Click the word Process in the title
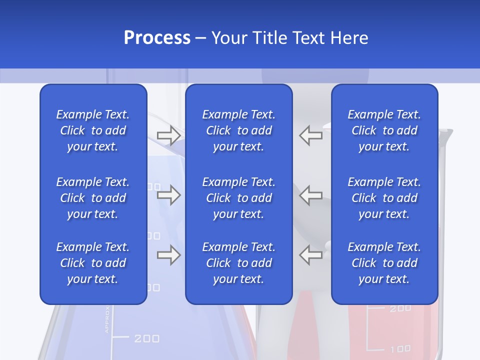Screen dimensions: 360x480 point(157,38)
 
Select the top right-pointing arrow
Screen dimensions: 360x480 point(168,135)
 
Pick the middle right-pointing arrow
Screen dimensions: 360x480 point(168,195)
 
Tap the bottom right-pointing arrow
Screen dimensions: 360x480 point(168,255)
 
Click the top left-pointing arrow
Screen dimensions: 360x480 point(311,135)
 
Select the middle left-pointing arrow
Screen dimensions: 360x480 point(311,195)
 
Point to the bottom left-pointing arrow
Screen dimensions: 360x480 point(311,255)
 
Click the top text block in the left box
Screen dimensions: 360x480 point(93,130)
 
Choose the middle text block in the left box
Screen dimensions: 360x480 point(93,198)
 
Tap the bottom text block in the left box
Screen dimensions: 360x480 point(93,263)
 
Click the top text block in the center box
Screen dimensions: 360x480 point(239,130)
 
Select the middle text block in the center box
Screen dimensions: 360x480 point(239,198)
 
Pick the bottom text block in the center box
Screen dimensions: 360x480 point(239,263)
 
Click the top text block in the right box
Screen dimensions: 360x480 point(384,130)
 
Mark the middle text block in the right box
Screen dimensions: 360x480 point(384,198)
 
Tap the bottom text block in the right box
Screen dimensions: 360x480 point(384,263)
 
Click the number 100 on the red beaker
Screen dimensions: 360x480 point(400,348)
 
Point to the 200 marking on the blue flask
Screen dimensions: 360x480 point(147,338)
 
